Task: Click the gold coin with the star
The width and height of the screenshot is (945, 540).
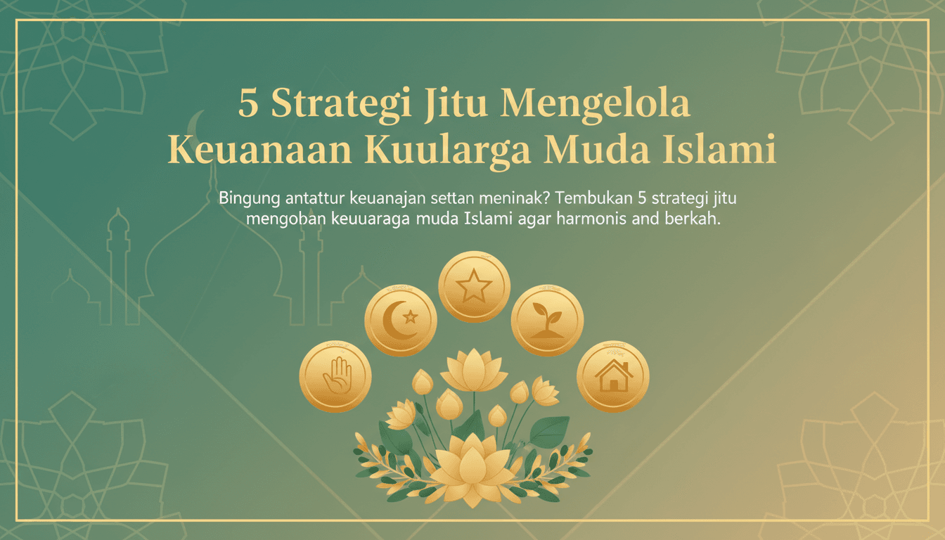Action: tap(474, 287)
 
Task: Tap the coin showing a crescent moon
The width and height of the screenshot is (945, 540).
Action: tap(401, 321)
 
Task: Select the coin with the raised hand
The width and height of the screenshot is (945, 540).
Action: tap(335, 376)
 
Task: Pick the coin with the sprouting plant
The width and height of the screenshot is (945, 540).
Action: tap(547, 321)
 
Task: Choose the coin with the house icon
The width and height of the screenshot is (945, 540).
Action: tap(613, 377)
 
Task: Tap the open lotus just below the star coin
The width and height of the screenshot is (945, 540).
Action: tap(473, 371)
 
